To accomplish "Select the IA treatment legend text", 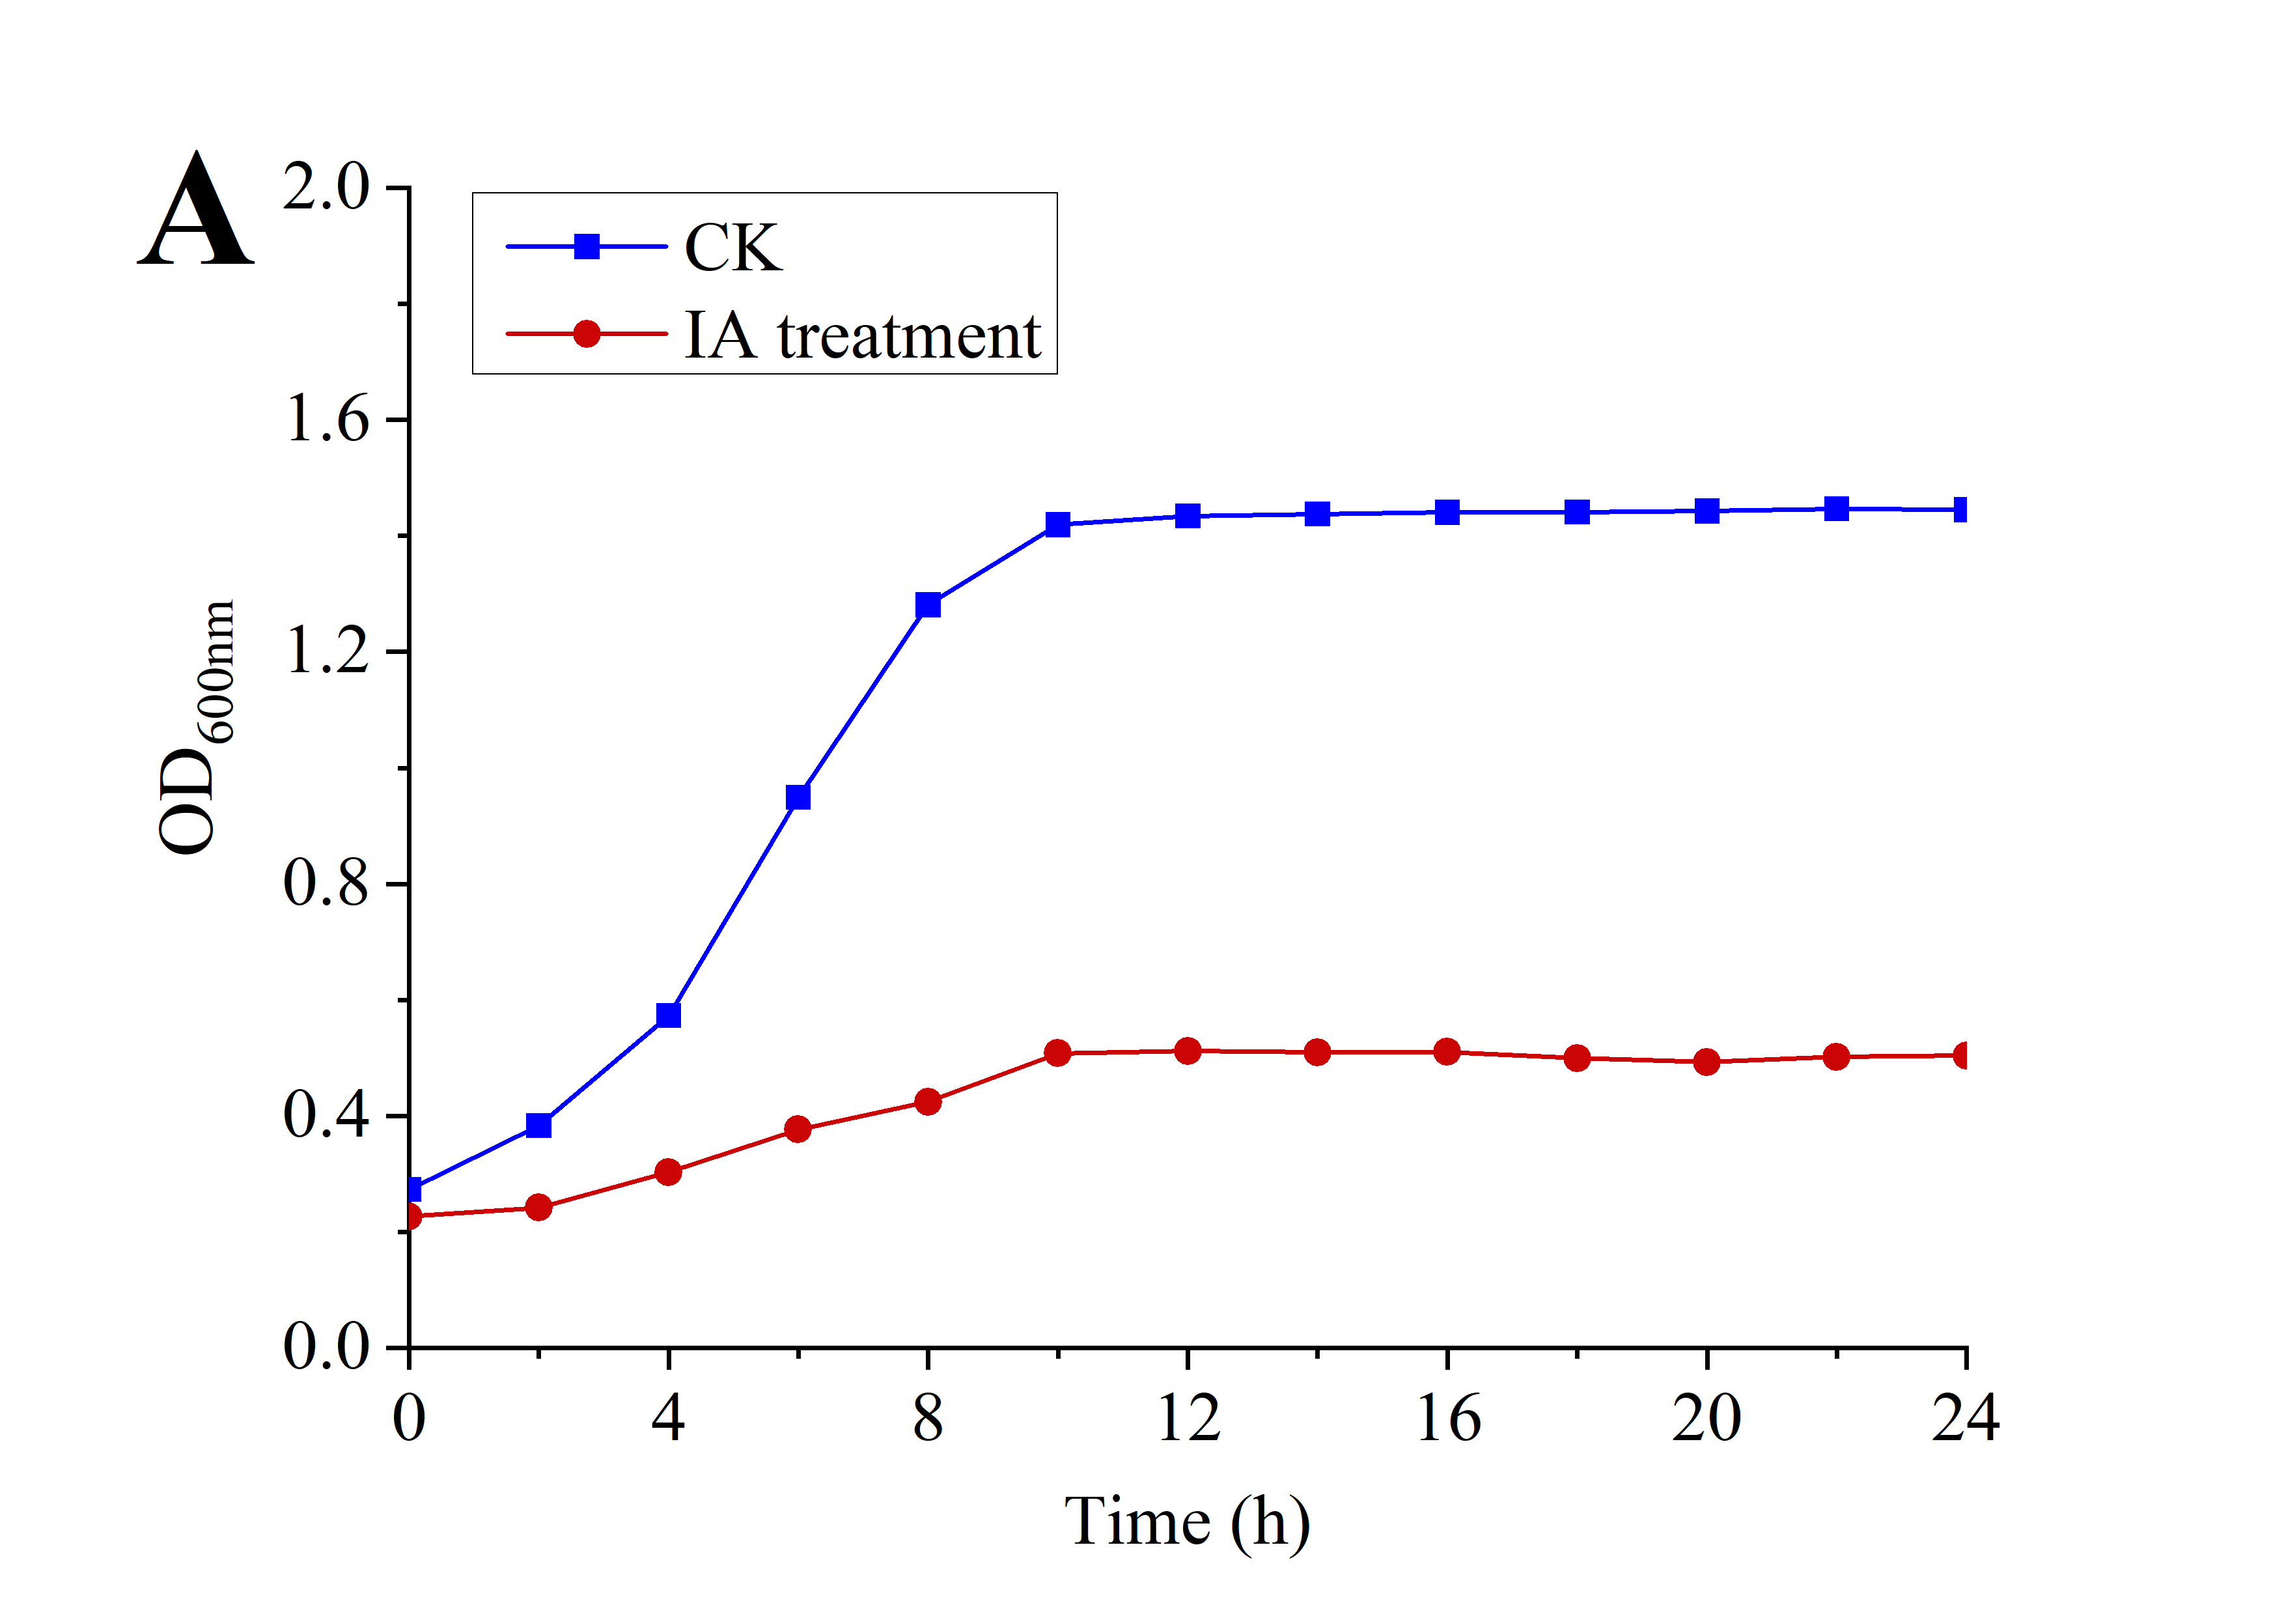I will click(x=861, y=335).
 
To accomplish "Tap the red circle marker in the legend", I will click(x=587, y=333).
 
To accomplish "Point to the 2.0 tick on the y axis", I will click(x=326, y=187).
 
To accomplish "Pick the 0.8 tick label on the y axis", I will click(x=326, y=884).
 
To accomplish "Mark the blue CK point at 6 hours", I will click(x=798, y=797).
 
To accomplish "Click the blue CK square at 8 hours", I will click(x=928, y=605).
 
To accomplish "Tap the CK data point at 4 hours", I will click(x=669, y=1015).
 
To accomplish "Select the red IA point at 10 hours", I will click(x=1057, y=1053).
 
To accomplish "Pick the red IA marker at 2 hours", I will click(x=538, y=1208).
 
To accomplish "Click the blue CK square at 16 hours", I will click(x=1447, y=513).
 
